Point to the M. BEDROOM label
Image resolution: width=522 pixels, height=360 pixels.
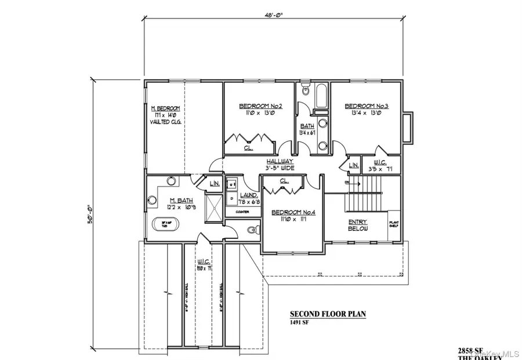(x=165, y=108)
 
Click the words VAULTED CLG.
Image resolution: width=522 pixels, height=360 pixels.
(x=165, y=123)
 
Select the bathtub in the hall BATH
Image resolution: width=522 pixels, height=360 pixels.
(x=321, y=97)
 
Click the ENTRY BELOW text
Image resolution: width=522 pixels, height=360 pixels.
(x=358, y=226)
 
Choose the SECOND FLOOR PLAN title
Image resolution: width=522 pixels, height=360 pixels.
(x=328, y=315)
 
